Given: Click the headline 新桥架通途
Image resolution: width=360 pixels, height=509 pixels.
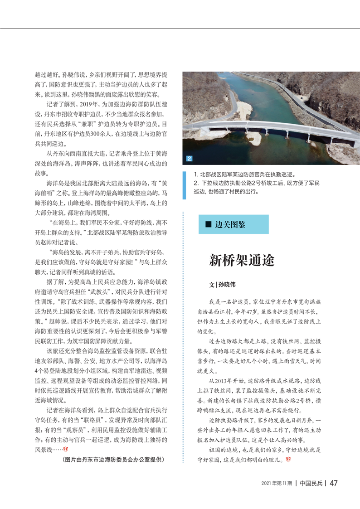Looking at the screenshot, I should [x=242, y=261].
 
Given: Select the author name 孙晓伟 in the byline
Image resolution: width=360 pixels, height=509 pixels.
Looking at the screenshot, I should [x=227, y=285].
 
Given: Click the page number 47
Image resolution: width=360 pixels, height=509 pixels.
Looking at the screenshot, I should [x=333, y=483].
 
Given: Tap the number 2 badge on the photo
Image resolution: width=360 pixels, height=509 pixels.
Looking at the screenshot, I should [x=189, y=159].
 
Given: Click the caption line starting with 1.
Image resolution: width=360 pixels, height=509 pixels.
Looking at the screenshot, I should [x=244, y=175].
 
